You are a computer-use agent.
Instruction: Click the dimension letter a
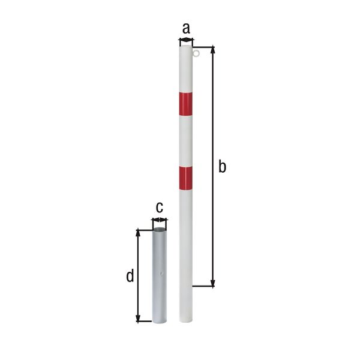point(186,28)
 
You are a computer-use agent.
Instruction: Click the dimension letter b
point(222,167)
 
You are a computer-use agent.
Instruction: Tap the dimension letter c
point(159,208)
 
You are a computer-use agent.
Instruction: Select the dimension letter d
point(129,277)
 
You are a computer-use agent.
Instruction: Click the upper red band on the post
point(186,103)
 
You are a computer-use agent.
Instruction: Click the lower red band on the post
point(186,178)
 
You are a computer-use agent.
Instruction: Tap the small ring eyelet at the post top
point(197,55)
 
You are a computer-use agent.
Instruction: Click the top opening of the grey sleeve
point(159,230)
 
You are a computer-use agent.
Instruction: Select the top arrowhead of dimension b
point(212,50)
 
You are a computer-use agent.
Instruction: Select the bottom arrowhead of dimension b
point(212,284)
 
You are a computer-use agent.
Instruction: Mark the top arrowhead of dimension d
point(139,232)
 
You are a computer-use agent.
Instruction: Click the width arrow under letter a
point(186,41)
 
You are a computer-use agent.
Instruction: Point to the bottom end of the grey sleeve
point(159,322)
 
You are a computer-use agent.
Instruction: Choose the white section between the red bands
point(186,140)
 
